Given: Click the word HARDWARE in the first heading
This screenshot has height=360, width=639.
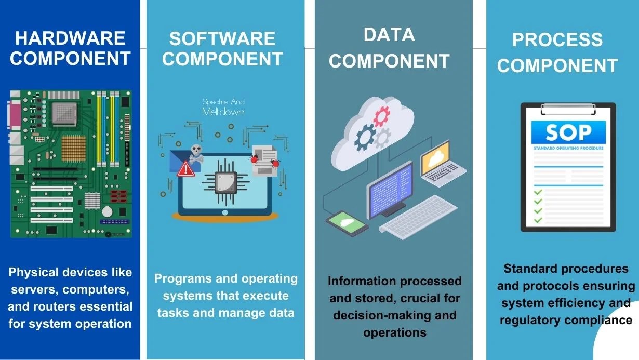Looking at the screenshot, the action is pos(70,38).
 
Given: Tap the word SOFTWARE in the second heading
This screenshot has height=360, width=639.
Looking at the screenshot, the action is pos(222,38).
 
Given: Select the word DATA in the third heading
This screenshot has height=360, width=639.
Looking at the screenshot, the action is pos(389,35).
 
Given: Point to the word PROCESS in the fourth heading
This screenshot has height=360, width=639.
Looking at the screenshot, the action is pos(557,40).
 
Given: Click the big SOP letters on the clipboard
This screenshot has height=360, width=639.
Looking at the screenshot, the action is pos(568,133).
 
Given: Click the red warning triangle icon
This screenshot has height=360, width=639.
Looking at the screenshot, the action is pos(185,168).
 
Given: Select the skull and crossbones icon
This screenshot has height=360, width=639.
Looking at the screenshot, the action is pos(196,152).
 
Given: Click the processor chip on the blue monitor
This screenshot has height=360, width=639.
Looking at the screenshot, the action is pos(225,183).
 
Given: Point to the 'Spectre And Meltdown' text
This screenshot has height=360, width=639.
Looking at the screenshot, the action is pos(223,107).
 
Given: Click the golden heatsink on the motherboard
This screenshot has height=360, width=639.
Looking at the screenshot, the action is pos(73,147).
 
